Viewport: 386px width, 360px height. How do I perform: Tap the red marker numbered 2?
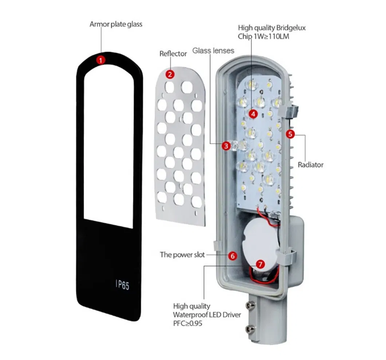click(170, 74)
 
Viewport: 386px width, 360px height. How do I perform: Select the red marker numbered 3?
click(227, 146)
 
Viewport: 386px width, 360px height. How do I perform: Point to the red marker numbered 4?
click(253, 114)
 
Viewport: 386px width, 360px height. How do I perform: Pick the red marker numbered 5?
click(290, 134)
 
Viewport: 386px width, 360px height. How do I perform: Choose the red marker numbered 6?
click(233, 256)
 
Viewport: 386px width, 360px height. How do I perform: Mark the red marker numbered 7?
click(260, 264)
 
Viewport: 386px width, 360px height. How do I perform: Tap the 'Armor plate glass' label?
click(116, 25)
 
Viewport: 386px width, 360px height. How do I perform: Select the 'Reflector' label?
click(173, 54)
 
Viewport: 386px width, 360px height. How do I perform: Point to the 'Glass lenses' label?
click(213, 50)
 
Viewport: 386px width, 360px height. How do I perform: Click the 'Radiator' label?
click(311, 165)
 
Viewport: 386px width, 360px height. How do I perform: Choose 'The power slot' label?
click(182, 255)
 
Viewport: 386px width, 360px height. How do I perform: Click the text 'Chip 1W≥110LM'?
click(263, 36)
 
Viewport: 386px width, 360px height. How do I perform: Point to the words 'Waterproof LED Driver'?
click(207, 314)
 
